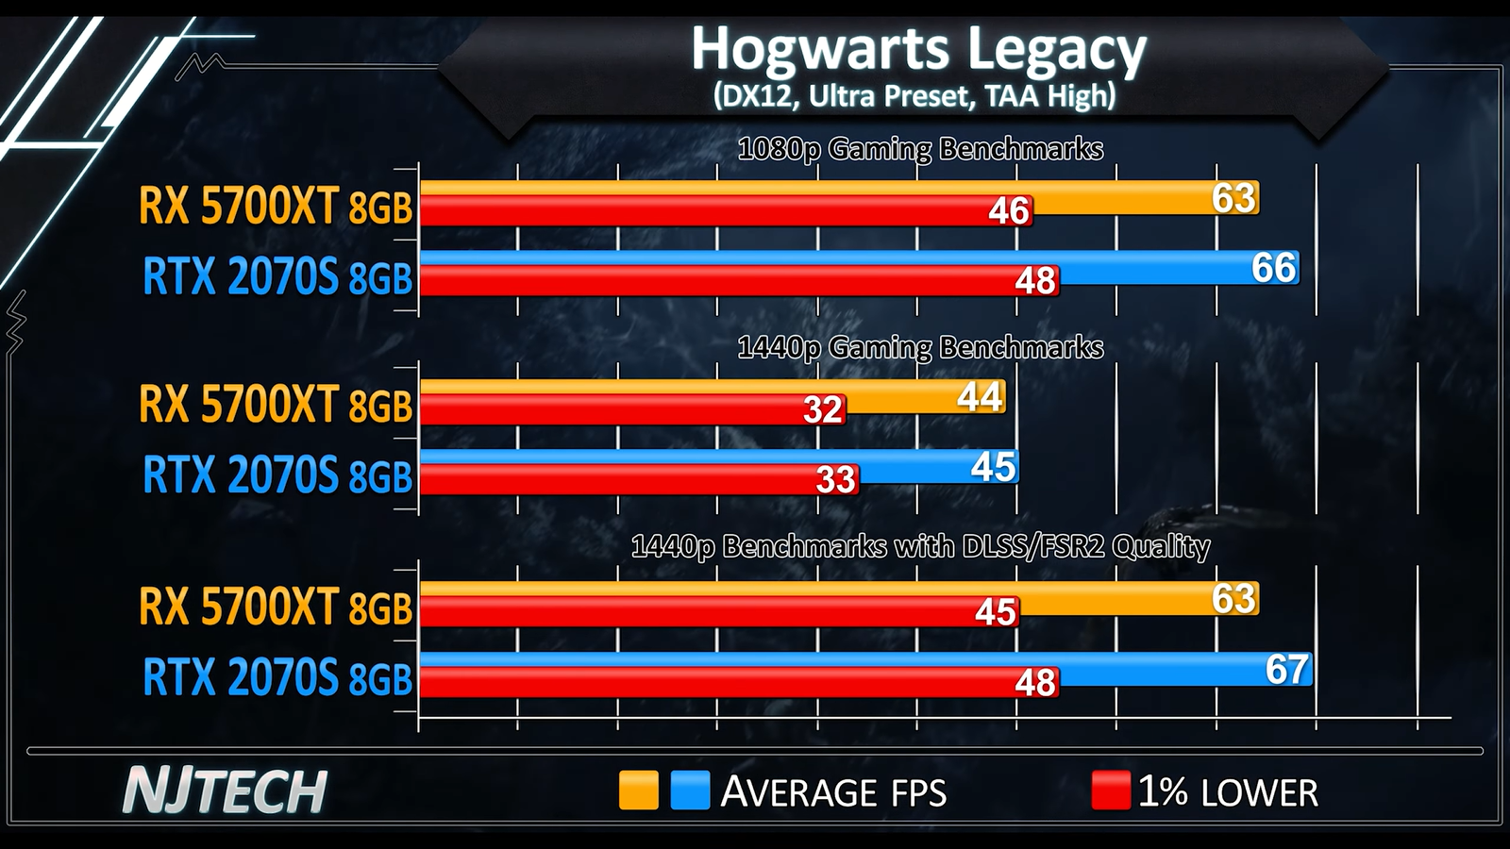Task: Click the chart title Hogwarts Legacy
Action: point(918,49)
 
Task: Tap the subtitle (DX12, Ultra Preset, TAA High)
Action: point(914,96)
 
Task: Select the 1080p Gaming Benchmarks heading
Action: point(920,149)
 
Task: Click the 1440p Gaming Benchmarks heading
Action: point(920,348)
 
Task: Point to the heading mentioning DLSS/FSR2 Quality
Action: point(920,547)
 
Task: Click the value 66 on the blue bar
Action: point(1273,269)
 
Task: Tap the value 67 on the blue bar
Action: point(1286,670)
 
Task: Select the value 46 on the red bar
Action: point(1008,211)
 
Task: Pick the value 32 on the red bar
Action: point(822,410)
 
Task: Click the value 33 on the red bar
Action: point(835,480)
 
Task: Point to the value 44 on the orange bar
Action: point(980,397)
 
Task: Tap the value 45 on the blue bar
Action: point(993,467)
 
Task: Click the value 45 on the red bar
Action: point(995,612)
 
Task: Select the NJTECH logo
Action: point(225,791)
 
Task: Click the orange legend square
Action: point(638,791)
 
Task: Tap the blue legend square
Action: point(690,791)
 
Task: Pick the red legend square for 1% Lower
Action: point(1110,791)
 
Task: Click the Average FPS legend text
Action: point(833,792)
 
